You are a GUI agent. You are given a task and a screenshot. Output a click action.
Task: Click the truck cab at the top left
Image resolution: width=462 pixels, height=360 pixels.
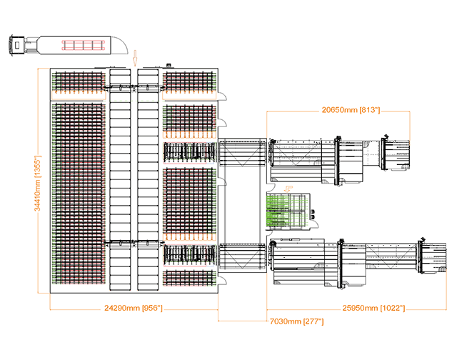click(x=15, y=45)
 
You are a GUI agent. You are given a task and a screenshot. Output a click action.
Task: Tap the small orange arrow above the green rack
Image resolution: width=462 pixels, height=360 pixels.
click(x=288, y=189)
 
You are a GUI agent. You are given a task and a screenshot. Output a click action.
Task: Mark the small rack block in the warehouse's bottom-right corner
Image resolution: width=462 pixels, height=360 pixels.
click(x=189, y=278)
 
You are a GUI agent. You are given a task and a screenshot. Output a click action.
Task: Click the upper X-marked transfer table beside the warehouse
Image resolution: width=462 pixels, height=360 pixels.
click(x=241, y=153)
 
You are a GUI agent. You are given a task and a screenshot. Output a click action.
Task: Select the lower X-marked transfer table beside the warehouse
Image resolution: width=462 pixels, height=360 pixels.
click(x=241, y=258)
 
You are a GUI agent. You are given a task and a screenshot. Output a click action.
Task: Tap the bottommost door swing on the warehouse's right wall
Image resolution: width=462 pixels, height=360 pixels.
click(x=222, y=269)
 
